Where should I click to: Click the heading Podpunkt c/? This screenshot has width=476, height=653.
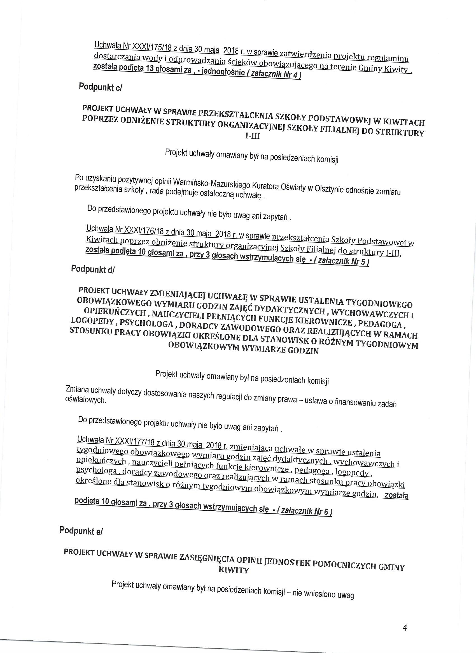point(101,87)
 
